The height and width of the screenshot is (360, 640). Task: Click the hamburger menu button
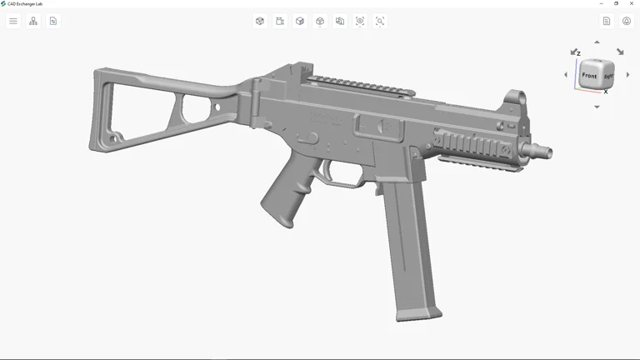pos(13,21)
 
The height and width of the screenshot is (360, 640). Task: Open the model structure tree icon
pos(33,21)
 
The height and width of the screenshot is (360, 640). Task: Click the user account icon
pos(627,21)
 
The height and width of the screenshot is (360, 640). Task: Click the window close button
pos(632,3)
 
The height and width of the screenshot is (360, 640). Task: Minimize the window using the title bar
pos(602,3)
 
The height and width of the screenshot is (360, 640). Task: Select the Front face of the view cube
pos(589,76)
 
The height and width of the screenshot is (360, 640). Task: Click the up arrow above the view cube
pos(597,42)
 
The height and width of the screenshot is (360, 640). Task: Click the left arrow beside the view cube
pos(566,75)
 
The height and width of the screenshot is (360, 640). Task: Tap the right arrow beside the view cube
pos(628,75)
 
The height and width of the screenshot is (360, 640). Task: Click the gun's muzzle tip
pos(547,152)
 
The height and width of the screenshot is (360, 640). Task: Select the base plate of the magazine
pos(419,314)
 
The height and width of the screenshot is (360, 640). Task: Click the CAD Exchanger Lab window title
pos(25,3)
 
